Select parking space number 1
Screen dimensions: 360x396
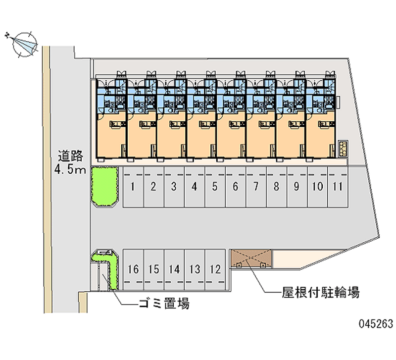click(133, 187)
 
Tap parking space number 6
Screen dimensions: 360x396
click(235, 187)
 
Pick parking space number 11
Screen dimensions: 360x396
click(338, 187)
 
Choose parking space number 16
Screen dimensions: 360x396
click(133, 269)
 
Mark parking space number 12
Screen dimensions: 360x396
click(215, 269)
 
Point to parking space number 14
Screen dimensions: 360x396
click(174, 269)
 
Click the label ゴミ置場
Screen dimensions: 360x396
click(164, 304)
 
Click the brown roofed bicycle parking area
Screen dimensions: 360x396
click(251, 259)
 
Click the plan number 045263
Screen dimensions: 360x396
click(375, 324)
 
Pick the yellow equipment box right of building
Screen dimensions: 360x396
click(343, 147)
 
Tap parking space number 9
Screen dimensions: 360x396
click(296, 187)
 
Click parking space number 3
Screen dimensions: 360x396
click(174, 187)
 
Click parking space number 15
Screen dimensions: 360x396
click(153, 269)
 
